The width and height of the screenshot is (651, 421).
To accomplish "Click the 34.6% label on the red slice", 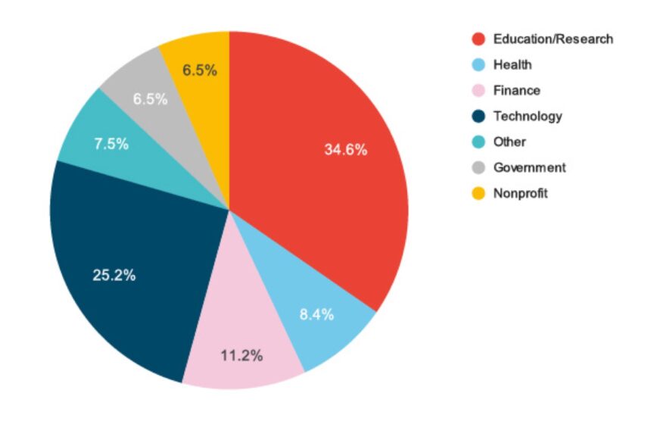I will pyautogui.click(x=346, y=150).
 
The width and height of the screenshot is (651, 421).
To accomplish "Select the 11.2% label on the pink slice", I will pyautogui.click(x=243, y=356).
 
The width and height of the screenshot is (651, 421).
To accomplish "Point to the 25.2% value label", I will pyautogui.click(x=114, y=276).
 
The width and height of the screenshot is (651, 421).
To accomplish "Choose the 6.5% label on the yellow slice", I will pyautogui.click(x=200, y=70).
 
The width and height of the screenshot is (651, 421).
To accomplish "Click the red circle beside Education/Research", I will pyautogui.click(x=478, y=39).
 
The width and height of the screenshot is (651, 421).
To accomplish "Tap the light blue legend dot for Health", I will pyautogui.click(x=478, y=64).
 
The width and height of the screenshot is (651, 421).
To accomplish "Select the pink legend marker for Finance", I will pyautogui.click(x=478, y=90).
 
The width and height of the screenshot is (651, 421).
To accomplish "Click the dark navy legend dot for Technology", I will pyautogui.click(x=478, y=116).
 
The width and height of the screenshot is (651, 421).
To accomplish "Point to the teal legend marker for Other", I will pyautogui.click(x=478, y=142).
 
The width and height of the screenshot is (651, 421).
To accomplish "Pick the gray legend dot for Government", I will pyautogui.click(x=478, y=167).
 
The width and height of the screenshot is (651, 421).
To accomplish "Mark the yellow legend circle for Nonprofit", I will pyautogui.click(x=478, y=193).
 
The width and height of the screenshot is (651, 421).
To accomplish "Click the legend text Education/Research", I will pyautogui.click(x=553, y=39).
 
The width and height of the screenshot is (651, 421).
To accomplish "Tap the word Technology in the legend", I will pyautogui.click(x=528, y=116).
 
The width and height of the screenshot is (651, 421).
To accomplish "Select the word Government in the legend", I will pyautogui.click(x=529, y=167).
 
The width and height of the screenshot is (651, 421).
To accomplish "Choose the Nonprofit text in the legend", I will pyautogui.click(x=520, y=193).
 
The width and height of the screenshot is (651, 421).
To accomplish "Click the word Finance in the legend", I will pyautogui.click(x=516, y=90).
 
